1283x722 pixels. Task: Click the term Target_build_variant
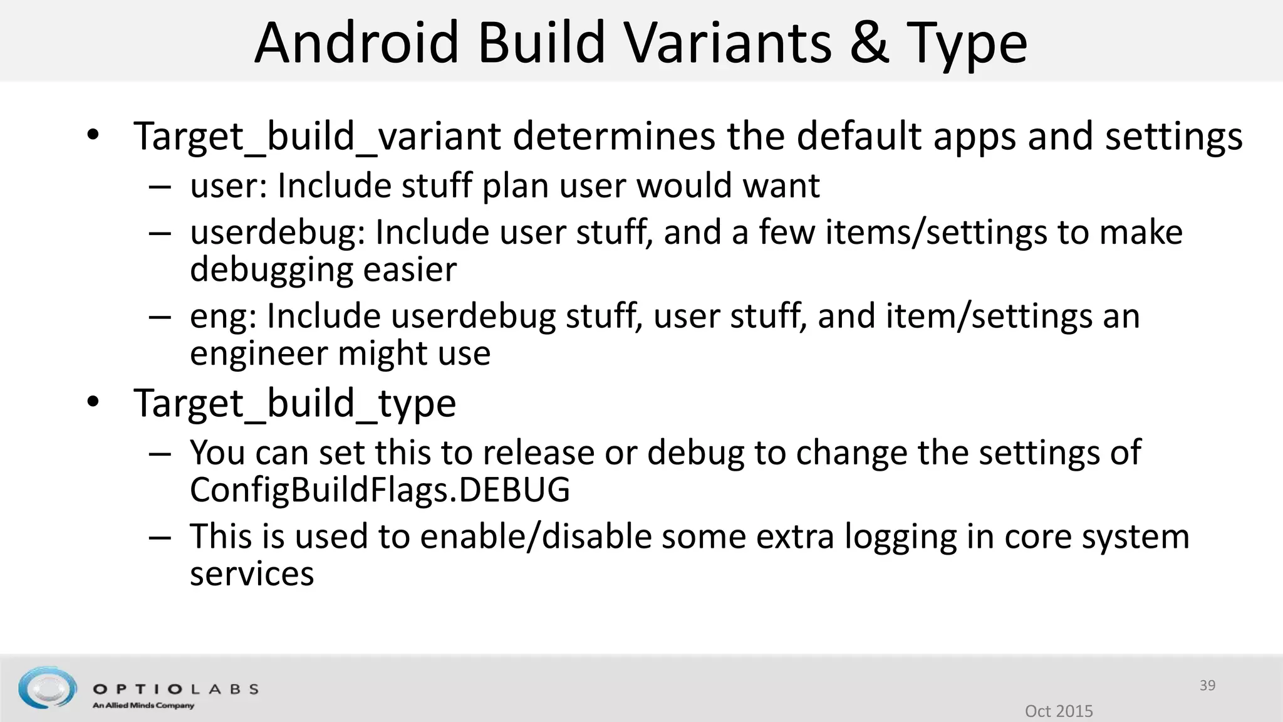[318, 136]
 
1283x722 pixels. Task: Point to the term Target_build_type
[294, 403]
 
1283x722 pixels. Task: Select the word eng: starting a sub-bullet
[223, 317]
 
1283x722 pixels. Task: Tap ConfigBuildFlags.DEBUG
[380, 489]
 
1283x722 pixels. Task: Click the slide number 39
[1207, 685]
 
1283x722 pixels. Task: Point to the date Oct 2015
[1059, 711]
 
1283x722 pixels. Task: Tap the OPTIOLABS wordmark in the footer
[175, 689]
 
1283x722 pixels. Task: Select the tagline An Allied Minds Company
[143, 706]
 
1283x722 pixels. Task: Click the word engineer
[259, 354]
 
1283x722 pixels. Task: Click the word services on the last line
[252, 574]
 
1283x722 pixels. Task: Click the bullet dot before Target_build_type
[93, 402]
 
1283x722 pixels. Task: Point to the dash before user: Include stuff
[160, 186]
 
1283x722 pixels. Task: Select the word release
[532, 453]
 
